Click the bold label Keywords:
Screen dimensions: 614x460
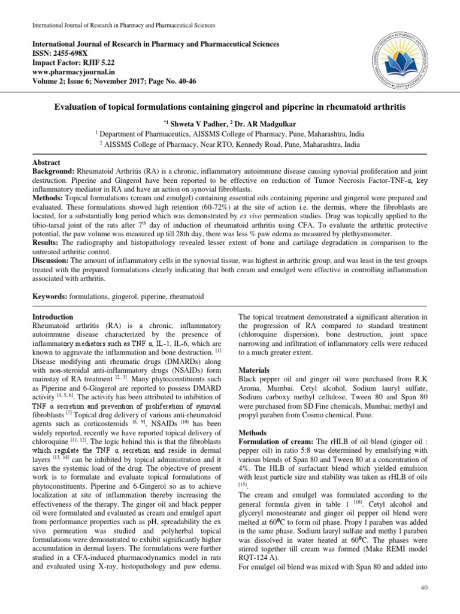(49, 296)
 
